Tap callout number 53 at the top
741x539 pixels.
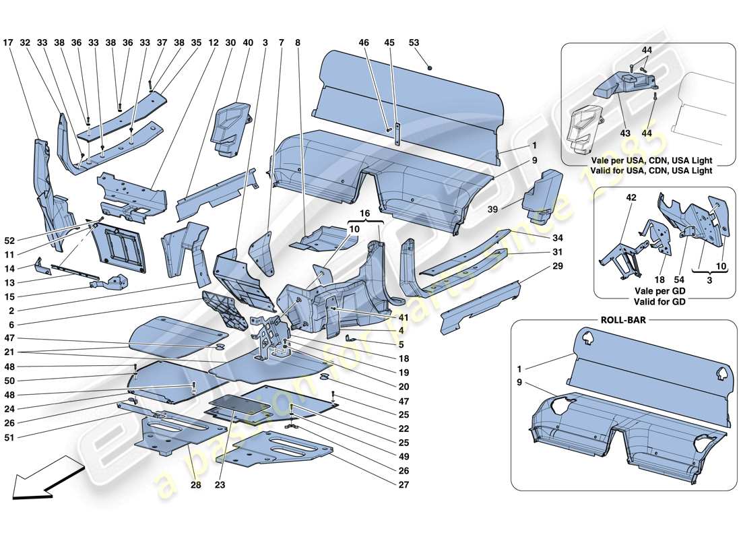pyautogui.click(x=414, y=42)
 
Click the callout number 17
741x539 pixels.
pyautogui.click(x=9, y=42)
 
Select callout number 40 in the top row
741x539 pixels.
pyautogui.click(x=248, y=42)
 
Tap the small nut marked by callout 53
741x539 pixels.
pyautogui.click(x=430, y=67)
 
